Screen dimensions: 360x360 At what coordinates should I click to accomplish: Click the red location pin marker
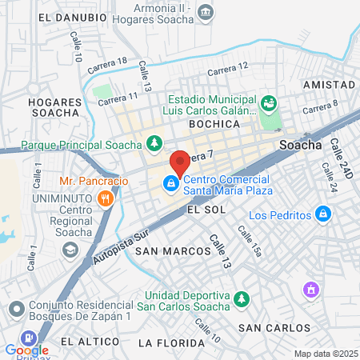179,162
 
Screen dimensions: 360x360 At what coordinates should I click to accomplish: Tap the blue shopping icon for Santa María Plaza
170,184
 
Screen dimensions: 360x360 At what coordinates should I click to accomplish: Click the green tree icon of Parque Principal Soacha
154,145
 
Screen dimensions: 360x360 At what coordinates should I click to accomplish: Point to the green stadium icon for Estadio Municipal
268,103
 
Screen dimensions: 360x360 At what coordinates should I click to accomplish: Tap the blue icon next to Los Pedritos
322,214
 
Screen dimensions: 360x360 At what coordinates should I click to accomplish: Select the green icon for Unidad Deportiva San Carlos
241,299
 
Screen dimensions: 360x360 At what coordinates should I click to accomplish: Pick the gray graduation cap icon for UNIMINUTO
70,250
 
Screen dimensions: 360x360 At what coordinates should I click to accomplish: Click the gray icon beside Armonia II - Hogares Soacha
206,12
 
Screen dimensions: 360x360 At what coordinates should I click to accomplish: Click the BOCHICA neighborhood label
214,125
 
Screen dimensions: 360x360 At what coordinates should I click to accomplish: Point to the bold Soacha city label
300,146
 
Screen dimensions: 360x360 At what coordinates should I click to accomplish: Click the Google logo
26,350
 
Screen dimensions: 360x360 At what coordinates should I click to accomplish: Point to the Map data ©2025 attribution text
325,354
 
